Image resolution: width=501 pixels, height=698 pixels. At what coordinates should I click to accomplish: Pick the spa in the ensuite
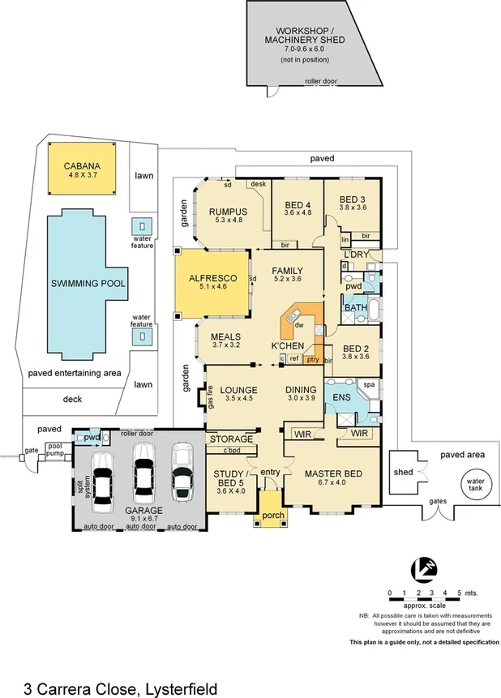(367, 386)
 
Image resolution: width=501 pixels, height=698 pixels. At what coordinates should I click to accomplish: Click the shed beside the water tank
(403, 472)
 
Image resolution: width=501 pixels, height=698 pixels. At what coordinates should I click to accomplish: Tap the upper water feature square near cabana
(143, 226)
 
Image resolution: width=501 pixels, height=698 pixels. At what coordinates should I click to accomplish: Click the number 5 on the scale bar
(459, 593)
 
